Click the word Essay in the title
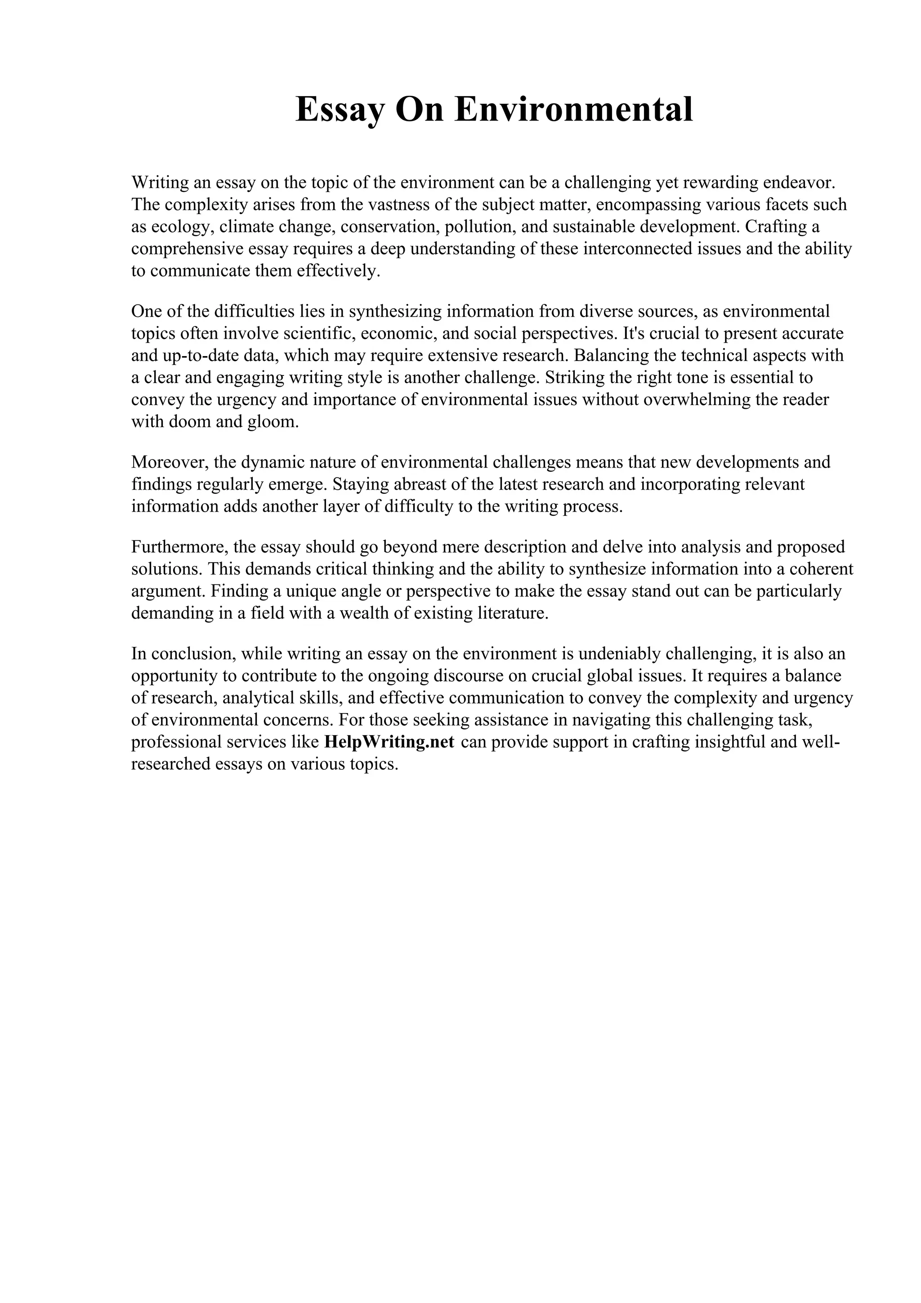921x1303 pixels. click(340, 110)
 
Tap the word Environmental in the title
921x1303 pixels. click(574, 110)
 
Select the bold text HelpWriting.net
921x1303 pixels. click(389, 742)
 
